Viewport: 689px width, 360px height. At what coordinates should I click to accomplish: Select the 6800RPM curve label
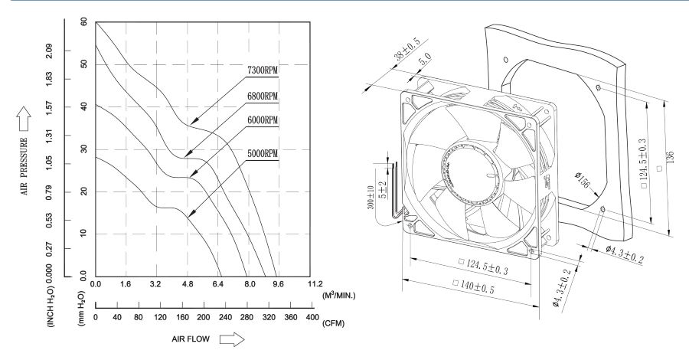pyautogui.click(x=262, y=97)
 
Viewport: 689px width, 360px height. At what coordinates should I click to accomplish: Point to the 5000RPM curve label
pyautogui.click(x=262, y=153)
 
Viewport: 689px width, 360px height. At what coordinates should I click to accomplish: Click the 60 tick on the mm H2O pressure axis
pyautogui.click(x=83, y=22)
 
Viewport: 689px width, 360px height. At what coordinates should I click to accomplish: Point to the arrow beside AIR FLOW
pyautogui.click(x=231, y=337)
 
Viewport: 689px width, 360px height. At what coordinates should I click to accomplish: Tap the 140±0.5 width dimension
pyautogui.click(x=482, y=283)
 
